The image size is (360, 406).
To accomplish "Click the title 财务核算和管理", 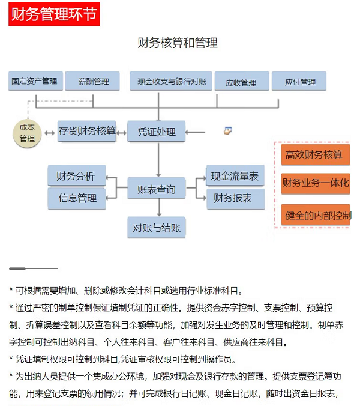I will (x=178, y=43).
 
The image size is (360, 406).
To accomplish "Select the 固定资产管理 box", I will (x=34, y=81).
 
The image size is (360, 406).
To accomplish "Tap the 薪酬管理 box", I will (x=94, y=81).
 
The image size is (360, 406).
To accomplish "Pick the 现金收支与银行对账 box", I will (x=171, y=81).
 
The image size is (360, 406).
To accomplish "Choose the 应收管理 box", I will (x=240, y=82).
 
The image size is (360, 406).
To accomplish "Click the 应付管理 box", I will (x=299, y=82).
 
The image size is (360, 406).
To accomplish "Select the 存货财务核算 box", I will (x=87, y=131).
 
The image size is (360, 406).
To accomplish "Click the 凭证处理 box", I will (x=157, y=131).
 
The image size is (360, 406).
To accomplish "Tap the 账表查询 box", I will (x=157, y=189).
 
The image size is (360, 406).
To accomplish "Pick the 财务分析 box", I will (x=76, y=176).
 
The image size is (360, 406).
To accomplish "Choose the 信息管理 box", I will (x=77, y=198).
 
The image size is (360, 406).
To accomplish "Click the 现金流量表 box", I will (x=235, y=176).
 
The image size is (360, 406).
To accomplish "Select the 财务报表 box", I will (x=235, y=198).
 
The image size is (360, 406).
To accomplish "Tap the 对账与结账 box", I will (x=157, y=228).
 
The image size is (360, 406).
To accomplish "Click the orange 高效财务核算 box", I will (x=314, y=155).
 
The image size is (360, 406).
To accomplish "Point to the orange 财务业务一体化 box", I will (x=315, y=183).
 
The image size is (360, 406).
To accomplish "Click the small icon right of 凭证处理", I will (x=227, y=130).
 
